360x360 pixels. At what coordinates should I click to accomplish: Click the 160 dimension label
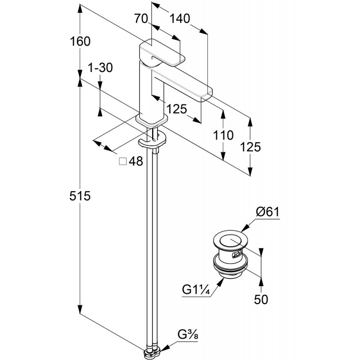(81, 41)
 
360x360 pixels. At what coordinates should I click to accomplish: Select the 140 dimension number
(180, 18)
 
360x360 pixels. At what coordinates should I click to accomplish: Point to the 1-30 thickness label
(100, 68)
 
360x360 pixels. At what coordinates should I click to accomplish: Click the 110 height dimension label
(224, 135)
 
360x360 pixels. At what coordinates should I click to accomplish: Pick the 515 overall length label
(81, 196)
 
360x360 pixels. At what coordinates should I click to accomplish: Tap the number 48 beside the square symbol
(135, 162)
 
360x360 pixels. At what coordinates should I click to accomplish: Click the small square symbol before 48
(122, 162)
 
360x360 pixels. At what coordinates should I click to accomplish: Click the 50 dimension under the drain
(261, 299)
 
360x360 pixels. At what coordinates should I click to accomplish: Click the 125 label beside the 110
(251, 147)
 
